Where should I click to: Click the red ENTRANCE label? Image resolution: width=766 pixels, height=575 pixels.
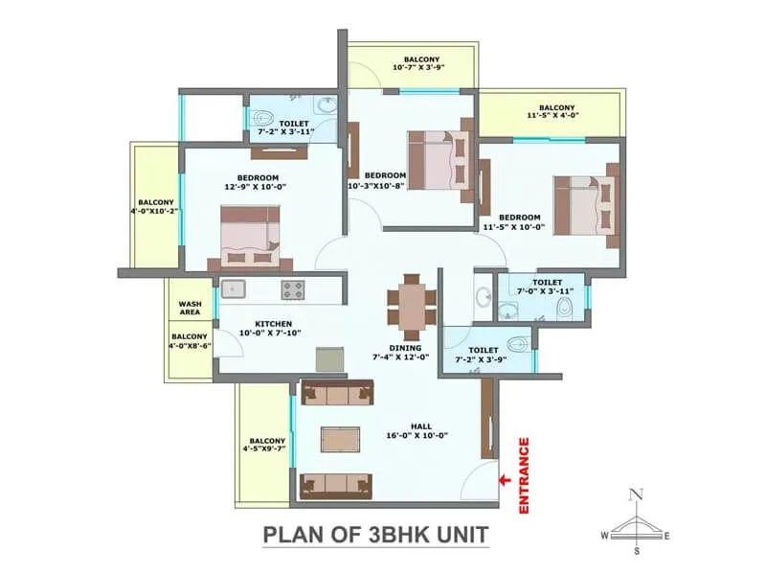(x=524, y=477)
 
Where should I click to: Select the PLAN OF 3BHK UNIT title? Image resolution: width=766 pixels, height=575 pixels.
(x=376, y=534)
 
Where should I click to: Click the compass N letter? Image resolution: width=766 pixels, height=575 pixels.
(x=634, y=494)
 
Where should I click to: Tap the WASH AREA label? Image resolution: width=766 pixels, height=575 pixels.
(x=190, y=309)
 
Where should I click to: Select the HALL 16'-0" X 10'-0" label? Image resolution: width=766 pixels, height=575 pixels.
(x=421, y=430)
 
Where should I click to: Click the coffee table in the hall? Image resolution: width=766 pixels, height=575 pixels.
(x=340, y=437)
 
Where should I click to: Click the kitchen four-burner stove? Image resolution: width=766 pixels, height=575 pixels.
(x=293, y=288)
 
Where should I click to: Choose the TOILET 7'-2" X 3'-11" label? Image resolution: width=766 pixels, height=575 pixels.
(x=291, y=128)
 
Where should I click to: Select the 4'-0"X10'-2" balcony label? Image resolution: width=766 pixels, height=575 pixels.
(x=156, y=206)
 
